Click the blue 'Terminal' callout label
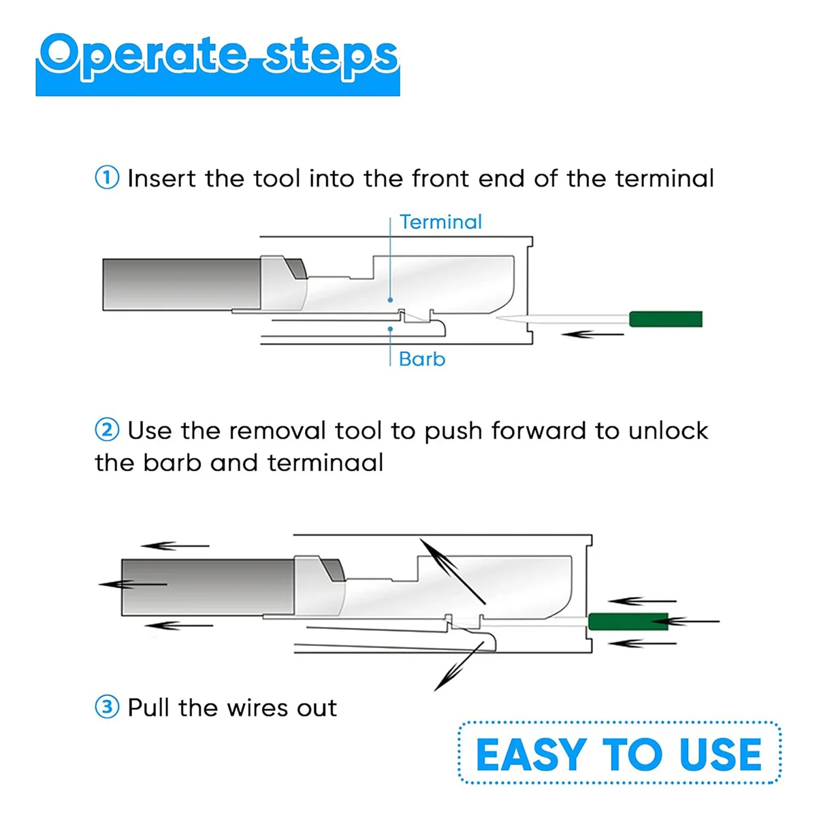[440, 222]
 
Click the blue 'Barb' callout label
[422, 359]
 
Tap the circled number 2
[107, 430]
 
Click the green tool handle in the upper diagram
[665, 319]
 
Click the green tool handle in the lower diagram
[628, 622]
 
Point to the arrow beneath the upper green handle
[592, 334]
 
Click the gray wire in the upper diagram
[182, 285]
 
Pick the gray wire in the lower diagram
[208, 587]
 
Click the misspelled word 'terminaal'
[325, 462]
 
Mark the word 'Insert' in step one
[161, 178]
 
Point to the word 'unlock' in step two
[668, 431]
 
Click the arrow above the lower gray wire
[175, 545]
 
